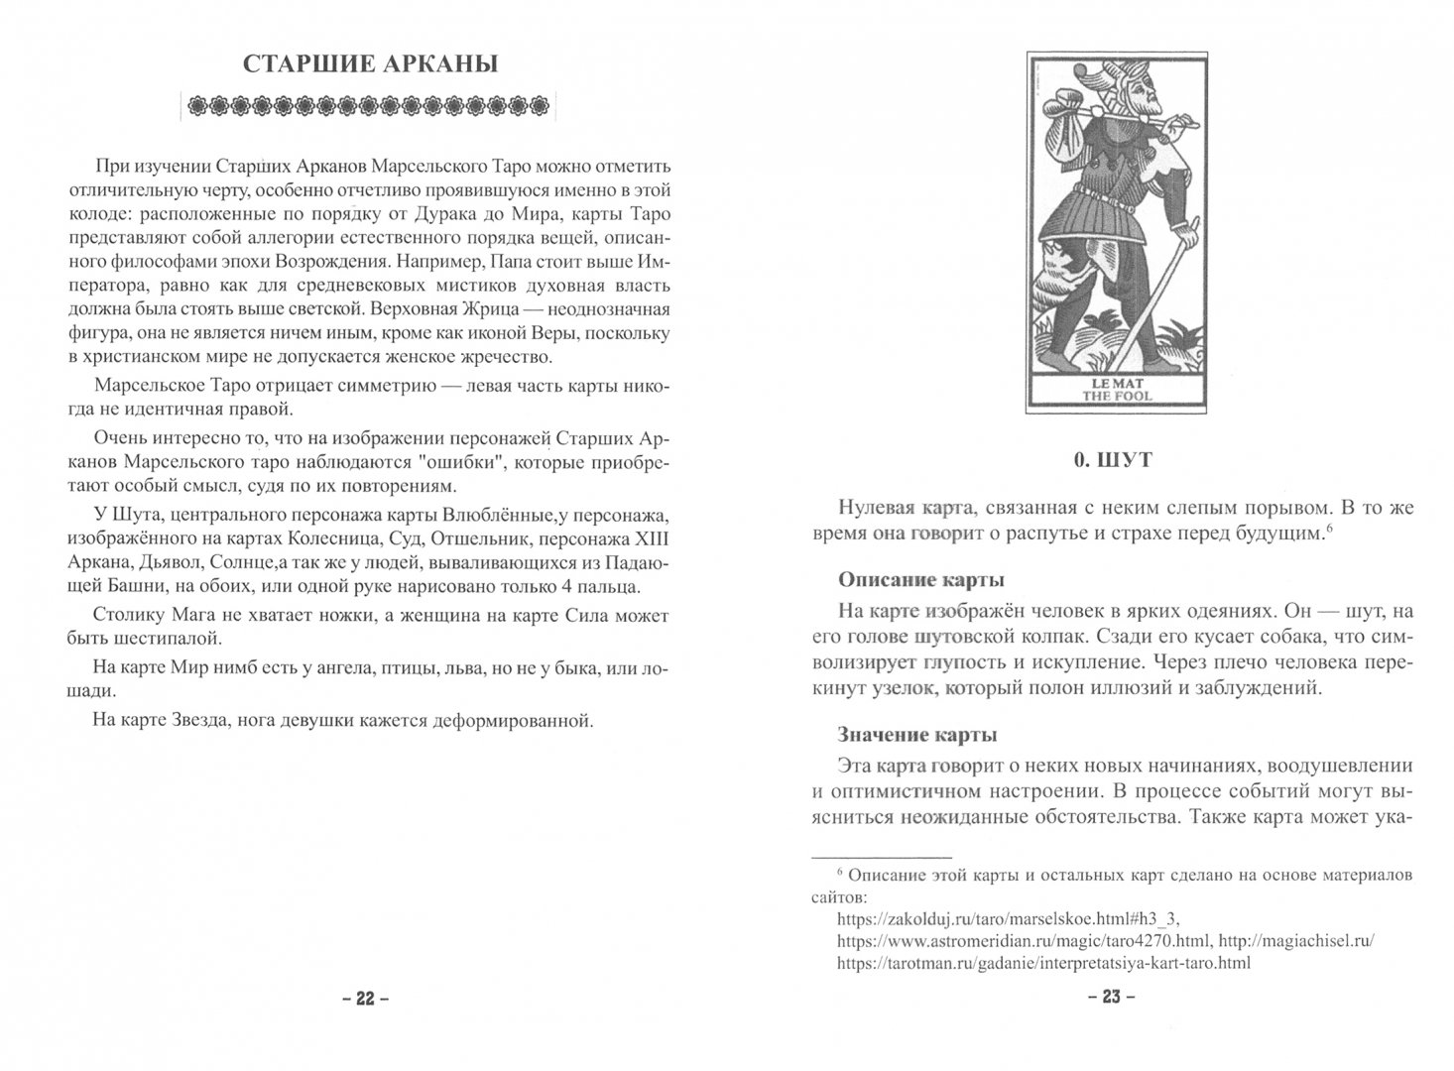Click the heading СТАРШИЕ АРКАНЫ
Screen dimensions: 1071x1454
tap(371, 65)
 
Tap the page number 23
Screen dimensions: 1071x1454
tap(1110, 998)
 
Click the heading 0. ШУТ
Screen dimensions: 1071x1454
tap(1110, 460)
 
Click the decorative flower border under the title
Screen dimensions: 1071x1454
tap(371, 105)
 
